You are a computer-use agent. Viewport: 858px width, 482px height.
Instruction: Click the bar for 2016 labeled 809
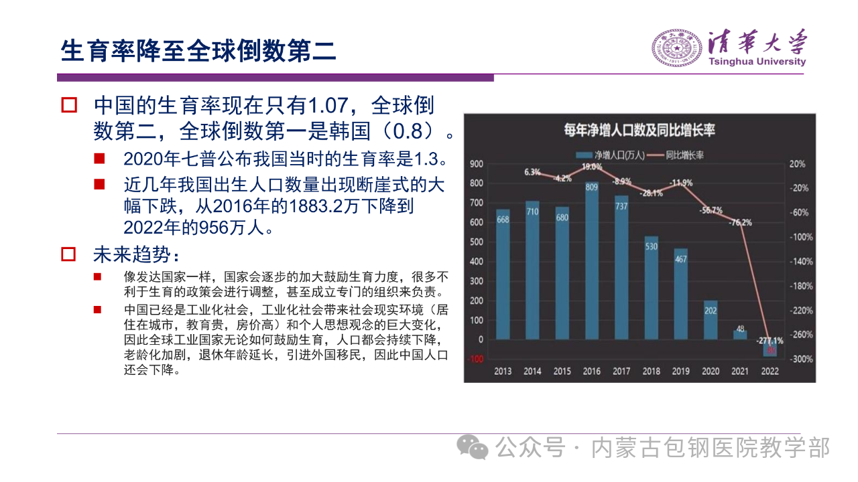tap(592, 261)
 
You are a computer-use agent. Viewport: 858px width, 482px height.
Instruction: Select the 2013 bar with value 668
tap(503, 274)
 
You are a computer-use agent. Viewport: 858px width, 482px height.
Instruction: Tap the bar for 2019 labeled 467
tap(681, 295)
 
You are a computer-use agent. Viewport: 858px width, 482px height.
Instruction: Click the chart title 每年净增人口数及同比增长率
tap(639, 130)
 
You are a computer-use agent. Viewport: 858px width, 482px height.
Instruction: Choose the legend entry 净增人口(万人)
tap(611, 155)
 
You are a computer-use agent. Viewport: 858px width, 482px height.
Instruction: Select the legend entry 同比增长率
tap(682, 155)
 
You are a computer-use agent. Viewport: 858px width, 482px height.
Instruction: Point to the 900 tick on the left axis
tap(476, 164)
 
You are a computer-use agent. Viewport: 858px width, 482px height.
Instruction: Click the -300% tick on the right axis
tap(802, 359)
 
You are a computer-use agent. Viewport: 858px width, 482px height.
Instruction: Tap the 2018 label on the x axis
tap(651, 371)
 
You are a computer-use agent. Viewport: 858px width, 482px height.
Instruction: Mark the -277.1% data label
tap(770, 340)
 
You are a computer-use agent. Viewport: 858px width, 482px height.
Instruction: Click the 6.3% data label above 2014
tap(532, 172)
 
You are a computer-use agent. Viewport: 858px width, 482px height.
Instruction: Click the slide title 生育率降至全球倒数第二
tap(198, 50)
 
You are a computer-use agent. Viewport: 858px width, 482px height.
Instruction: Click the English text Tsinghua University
tap(757, 62)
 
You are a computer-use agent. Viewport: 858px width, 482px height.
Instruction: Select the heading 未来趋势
tap(136, 254)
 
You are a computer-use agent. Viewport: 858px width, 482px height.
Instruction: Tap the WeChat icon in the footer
tap(478, 447)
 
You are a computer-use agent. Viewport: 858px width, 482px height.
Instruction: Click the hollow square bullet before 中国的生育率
tap(70, 106)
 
